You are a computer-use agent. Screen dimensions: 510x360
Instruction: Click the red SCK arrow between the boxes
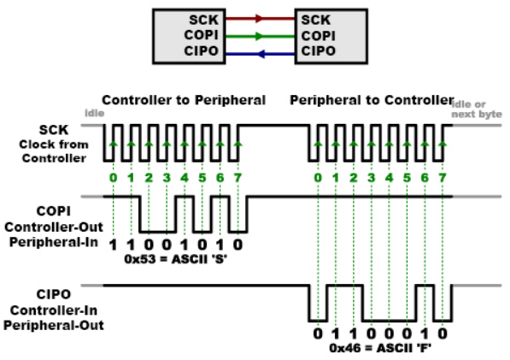tap(260, 19)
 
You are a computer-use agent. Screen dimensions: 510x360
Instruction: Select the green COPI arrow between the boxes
tap(260, 36)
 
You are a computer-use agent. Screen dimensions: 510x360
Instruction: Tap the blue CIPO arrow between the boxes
tap(260, 54)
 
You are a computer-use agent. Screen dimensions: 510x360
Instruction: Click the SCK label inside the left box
tap(203, 21)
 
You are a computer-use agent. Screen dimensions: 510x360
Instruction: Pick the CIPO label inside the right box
tap(318, 51)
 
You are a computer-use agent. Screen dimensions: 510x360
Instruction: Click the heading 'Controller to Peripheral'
tap(184, 100)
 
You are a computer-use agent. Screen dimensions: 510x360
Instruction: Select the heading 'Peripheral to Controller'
tap(372, 100)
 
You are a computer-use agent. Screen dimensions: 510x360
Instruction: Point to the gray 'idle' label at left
tap(94, 113)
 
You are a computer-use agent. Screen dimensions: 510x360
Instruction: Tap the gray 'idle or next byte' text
tap(477, 109)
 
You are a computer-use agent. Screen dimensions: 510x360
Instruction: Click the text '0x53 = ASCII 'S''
tap(176, 259)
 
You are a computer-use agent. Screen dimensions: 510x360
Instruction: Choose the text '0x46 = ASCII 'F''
tap(380, 348)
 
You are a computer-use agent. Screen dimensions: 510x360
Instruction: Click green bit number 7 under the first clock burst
tap(237, 178)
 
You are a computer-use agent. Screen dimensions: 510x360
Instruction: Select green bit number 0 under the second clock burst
tap(318, 178)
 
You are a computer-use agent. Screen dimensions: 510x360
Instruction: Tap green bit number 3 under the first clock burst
tap(167, 178)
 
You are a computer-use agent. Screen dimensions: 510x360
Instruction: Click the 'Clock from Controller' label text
tap(54, 151)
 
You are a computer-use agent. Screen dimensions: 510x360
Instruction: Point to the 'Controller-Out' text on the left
tap(54, 227)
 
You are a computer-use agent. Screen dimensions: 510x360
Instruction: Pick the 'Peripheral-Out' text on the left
tap(54, 325)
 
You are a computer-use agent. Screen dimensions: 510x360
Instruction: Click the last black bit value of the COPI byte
tap(237, 245)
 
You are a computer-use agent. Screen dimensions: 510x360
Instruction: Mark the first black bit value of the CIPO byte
tap(318, 333)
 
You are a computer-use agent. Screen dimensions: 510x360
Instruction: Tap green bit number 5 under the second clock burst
tap(407, 178)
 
